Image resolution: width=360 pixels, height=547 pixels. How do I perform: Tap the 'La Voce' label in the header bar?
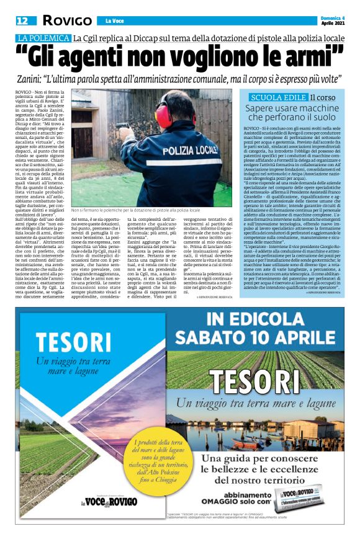click(x=115, y=21)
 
